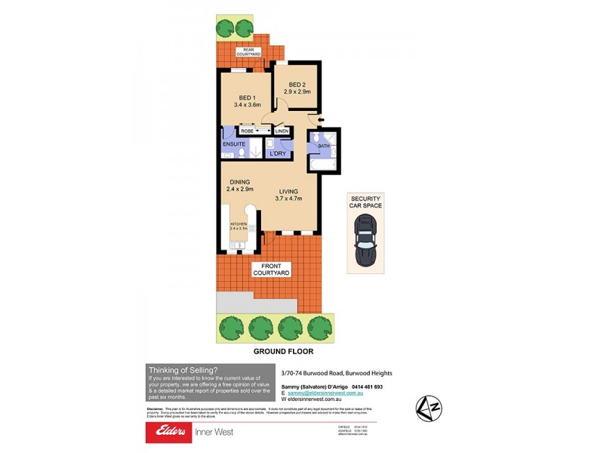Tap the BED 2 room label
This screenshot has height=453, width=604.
pyautogui.click(x=294, y=84)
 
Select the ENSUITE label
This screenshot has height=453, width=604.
pyautogui.click(x=234, y=143)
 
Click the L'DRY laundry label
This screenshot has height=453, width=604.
pyautogui.click(x=277, y=154)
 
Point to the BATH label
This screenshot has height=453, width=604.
pyautogui.click(x=324, y=146)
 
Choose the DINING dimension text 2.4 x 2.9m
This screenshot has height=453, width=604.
pyautogui.click(x=239, y=190)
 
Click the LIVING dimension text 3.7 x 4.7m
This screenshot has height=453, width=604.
pyautogui.click(x=289, y=199)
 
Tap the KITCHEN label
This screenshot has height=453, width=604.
pyautogui.click(x=239, y=225)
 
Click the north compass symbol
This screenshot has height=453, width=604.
pyautogui.click(x=428, y=408)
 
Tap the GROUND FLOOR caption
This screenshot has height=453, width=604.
pyautogui.click(x=283, y=352)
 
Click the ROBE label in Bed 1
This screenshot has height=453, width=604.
pyautogui.click(x=247, y=131)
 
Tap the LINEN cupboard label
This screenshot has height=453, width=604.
pyautogui.click(x=281, y=131)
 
